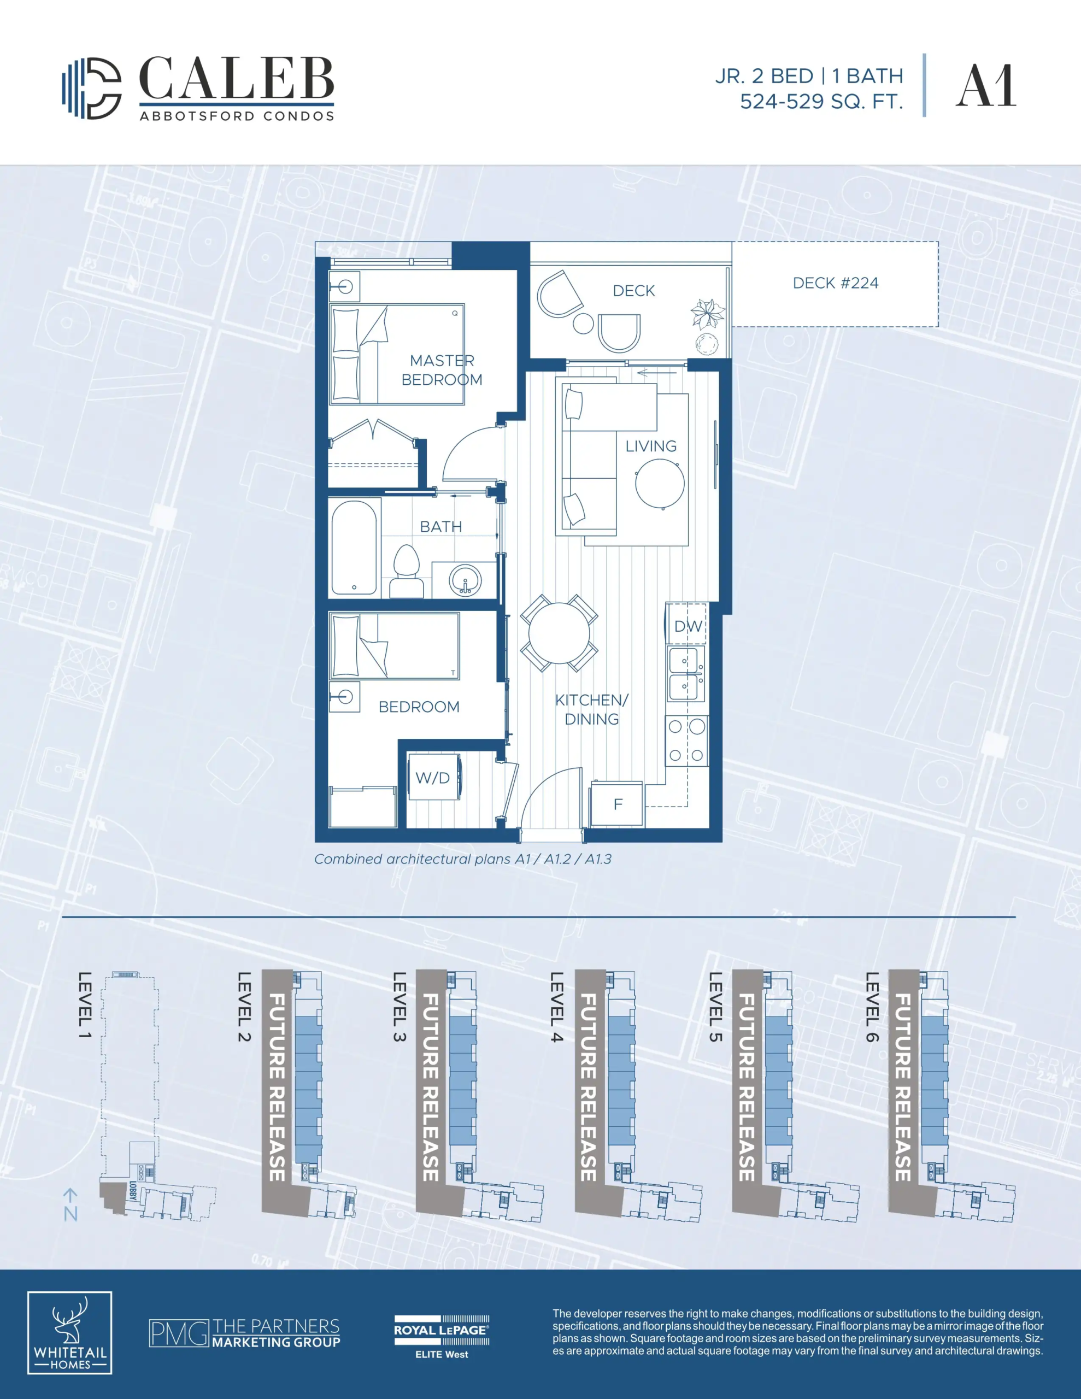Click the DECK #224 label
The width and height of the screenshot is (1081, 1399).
click(x=836, y=283)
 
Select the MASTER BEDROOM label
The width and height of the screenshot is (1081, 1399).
click(x=442, y=371)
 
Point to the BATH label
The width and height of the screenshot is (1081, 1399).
click(x=441, y=527)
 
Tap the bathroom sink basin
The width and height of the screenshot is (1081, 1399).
click(x=466, y=580)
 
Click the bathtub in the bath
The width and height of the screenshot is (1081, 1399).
click(x=354, y=548)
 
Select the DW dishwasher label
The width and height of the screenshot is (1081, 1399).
click(x=688, y=626)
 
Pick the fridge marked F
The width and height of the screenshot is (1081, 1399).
click(x=616, y=803)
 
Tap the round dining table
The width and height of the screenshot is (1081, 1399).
click(x=559, y=633)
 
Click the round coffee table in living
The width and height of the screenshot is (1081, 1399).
click(x=659, y=484)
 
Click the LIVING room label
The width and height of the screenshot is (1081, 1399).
click(x=651, y=446)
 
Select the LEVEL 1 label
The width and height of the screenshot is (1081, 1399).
click(x=85, y=1005)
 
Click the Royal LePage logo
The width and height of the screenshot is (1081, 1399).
click(x=442, y=1337)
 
